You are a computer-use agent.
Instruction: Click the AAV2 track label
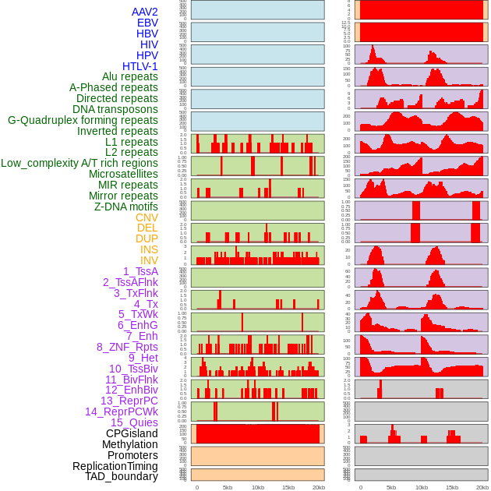point(144,12)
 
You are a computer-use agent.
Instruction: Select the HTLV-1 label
point(140,66)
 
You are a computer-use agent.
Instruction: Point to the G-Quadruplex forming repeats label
point(83,120)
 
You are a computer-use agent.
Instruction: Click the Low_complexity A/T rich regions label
point(79,163)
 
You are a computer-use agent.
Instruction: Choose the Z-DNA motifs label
point(125,207)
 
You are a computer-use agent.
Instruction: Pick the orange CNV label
point(147,217)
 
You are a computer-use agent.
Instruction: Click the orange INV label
point(149,260)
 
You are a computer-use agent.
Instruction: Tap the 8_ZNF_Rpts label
point(127,347)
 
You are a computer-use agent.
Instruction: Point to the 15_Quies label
point(133,422)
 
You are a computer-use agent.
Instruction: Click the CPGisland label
point(132,433)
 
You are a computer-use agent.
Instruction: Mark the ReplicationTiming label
point(115,466)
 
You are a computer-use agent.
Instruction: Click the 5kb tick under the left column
point(228,488)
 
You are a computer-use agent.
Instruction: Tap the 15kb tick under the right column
point(452,488)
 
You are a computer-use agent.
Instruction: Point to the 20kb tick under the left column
point(318,488)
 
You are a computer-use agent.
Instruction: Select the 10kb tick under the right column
point(422,488)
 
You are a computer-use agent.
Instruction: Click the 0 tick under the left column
point(196,488)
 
